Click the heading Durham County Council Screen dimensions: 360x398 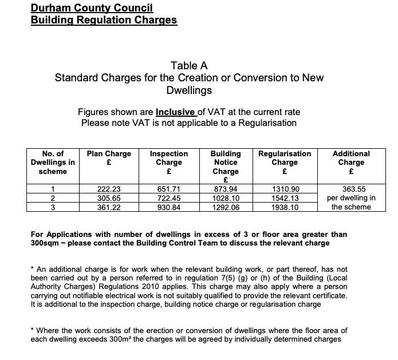point(92,9)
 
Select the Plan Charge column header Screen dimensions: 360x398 point(109,157)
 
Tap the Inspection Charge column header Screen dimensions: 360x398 point(168,162)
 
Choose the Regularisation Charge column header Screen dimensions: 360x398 point(285,157)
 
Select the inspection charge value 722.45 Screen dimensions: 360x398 point(168,197)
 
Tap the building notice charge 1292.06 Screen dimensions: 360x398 point(226,207)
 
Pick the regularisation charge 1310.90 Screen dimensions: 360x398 point(285,188)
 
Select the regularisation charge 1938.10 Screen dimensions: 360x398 point(285,207)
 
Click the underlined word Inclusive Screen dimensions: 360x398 point(176,112)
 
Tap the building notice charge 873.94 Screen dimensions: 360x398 point(226,188)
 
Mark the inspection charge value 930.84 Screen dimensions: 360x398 point(168,207)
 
